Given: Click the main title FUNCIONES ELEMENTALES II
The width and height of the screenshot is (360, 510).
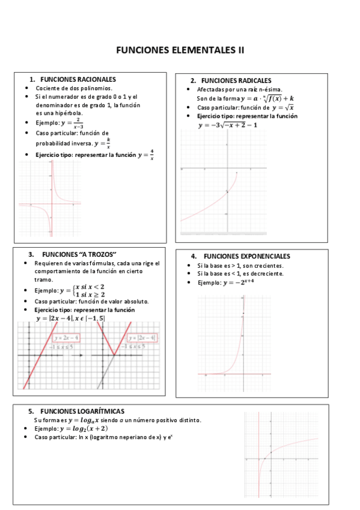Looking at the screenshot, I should pyautogui.click(x=180, y=51).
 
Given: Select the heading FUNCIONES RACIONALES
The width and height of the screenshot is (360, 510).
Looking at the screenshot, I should pyautogui.click(x=78, y=79).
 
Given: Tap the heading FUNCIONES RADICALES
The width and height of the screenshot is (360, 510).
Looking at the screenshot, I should pyautogui.click(x=236, y=81).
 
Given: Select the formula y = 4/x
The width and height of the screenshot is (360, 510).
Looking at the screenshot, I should pyautogui.click(x=146, y=155).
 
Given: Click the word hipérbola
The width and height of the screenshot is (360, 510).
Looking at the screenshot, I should pyautogui.click(x=71, y=113).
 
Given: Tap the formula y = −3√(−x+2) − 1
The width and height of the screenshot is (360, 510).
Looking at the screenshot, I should pyautogui.click(x=228, y=125).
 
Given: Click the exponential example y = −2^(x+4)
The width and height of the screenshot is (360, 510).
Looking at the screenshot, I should pyautogui.click(x=237, y=283).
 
